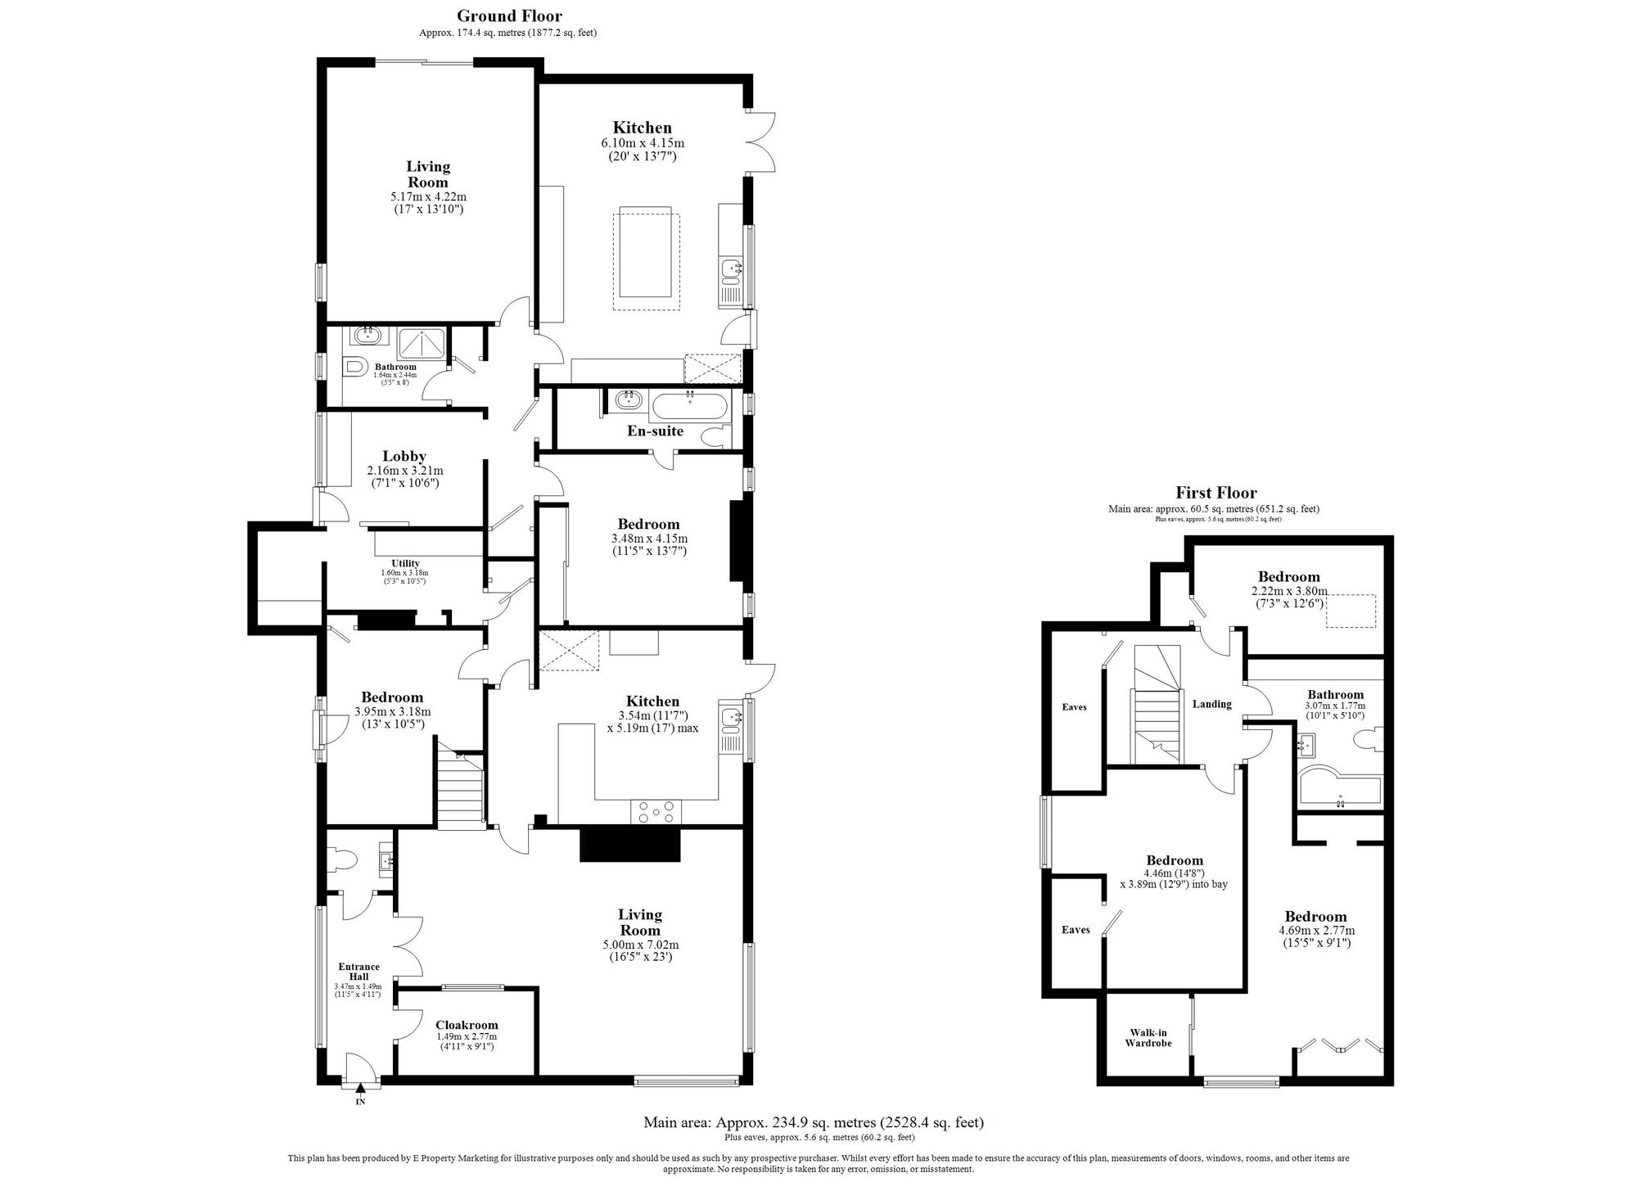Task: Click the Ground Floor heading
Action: [x=509, y=16]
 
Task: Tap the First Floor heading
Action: [x=1215, y=493]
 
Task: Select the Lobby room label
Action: [x=404, y=456]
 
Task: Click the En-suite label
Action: [x=655, y=431]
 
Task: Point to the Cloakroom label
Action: [x=466, y=1025]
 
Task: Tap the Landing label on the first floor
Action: [x=1211, y=704]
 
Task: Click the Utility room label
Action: [x=405, y=563]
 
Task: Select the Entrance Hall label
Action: [x=359, y=972]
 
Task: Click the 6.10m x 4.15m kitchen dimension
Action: [x=643, y=143]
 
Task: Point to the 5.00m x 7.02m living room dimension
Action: [x=640, y=944]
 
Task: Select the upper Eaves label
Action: [x=1074, y=706]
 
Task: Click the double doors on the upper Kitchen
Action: [x=760, y=141]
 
